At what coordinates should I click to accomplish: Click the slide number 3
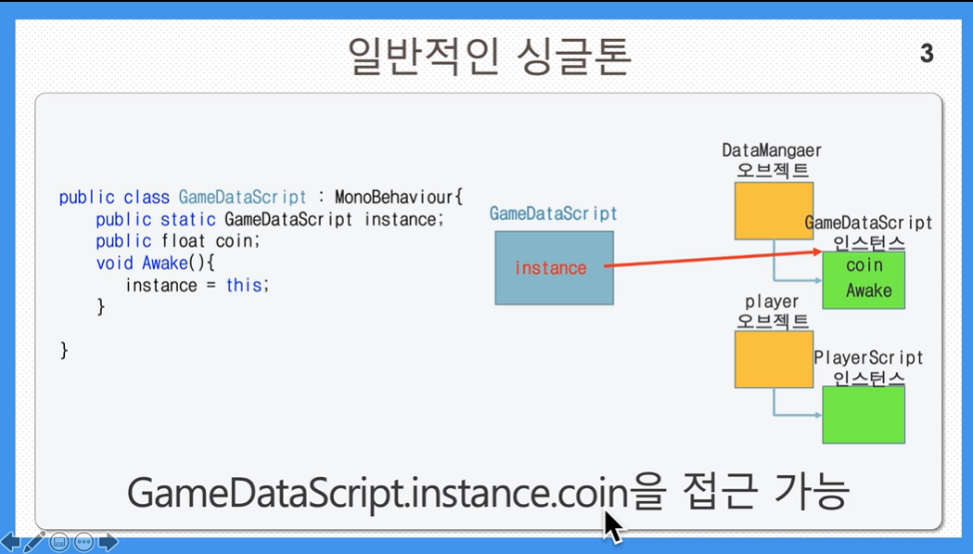[x=927, y=54]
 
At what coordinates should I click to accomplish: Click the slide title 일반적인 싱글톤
[x=490, y=57]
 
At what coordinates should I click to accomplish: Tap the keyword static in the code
[x=188, y=219]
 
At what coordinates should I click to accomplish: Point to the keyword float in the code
[x=184, y=241]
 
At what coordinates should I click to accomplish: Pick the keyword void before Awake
[x=115, y=264]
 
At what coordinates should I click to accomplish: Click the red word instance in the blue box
[x=550, y=267]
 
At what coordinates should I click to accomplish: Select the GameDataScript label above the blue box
[x=553, y=213]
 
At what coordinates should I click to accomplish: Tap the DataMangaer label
[x=772, y=150]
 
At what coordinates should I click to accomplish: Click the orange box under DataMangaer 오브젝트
[x=774, y=211]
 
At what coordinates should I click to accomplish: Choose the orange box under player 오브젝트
[x=774, y=360]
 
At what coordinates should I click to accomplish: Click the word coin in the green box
[x=864, y=265]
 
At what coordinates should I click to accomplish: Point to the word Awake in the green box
[x=869, y=290]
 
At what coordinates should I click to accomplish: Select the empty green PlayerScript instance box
[x=864, y=415]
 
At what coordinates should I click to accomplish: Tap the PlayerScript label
[x=868, y=358]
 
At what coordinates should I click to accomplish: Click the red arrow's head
[x=817, y=251]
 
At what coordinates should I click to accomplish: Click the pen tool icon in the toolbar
[x=34, y=542]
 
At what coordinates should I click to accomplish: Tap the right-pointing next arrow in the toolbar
[x=108, y=542]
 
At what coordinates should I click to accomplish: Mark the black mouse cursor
[x=613, y=527]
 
